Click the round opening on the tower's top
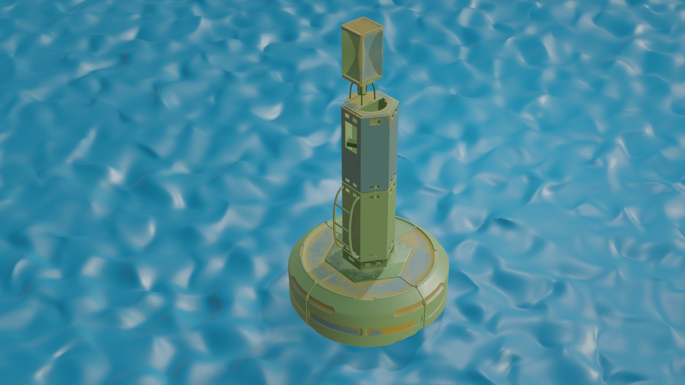pos(375,106)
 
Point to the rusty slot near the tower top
pos(375,122)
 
